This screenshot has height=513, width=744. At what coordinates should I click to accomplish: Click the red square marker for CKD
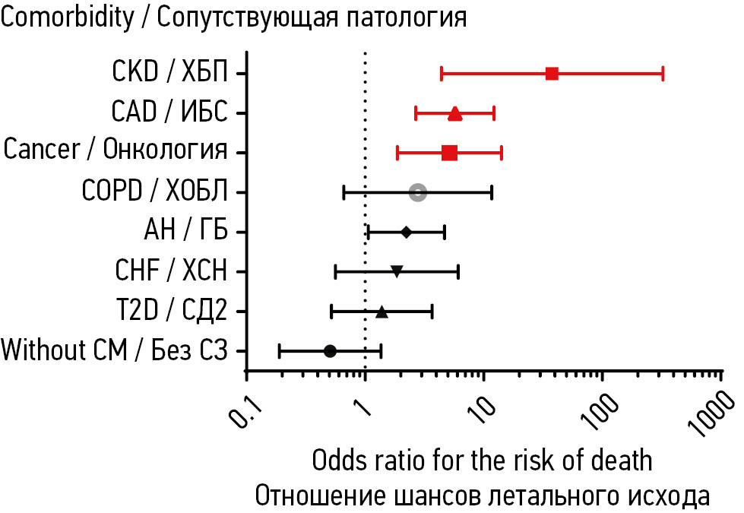(x=552, y=74)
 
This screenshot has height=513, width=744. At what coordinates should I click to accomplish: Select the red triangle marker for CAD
(x=454, y=114)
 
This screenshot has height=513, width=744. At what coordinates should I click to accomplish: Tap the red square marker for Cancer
(x=449, y=153)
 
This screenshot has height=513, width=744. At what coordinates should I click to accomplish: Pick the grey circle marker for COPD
(x=417, y=192)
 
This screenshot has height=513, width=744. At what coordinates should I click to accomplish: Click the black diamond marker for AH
(x=406, y=232)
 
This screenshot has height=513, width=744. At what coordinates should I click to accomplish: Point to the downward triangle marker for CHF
(x=396, y=271)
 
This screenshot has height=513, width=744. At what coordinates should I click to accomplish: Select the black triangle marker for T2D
(x=381, y=311)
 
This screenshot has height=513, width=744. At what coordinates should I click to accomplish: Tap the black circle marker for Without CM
(x=330, y=350)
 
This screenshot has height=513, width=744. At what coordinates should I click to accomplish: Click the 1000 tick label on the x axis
(x=719, y=414)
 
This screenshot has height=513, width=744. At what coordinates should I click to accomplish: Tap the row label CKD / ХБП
(x=169, y=73)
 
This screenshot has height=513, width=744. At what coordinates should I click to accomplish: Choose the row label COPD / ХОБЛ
(x=154, y=192)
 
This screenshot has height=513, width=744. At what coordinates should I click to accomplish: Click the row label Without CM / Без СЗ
(x=115, y=350)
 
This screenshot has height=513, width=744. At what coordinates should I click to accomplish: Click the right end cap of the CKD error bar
(x=663, y=74)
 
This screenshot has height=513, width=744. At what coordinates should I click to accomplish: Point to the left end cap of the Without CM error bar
(x=280, y=350)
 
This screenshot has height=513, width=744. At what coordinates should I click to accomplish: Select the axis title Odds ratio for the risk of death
(x=482, y=460)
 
